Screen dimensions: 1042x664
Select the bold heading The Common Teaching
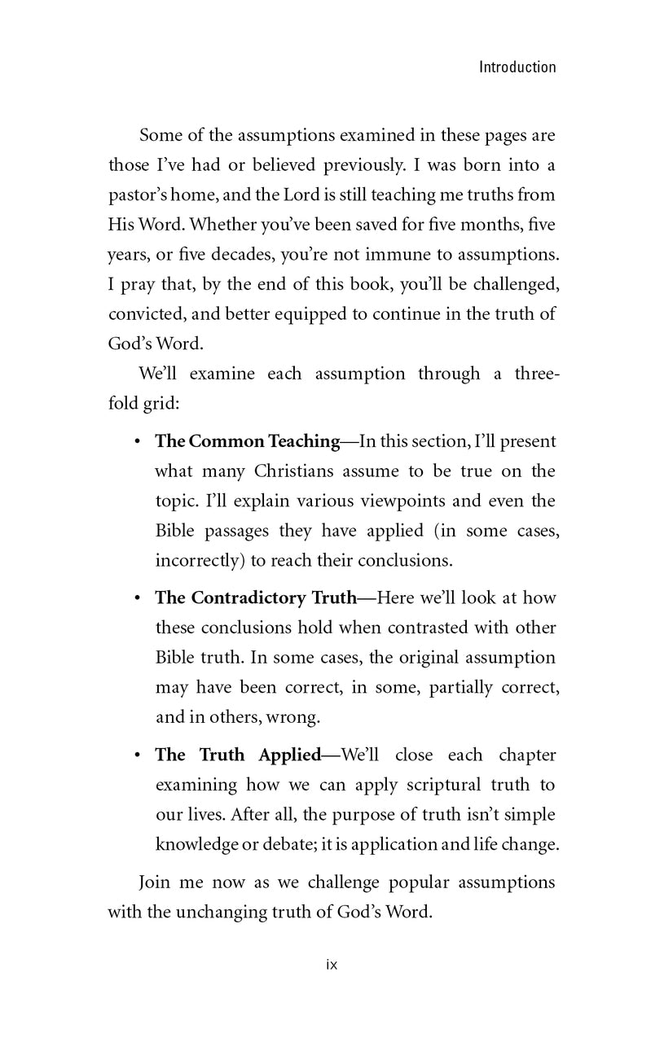click(247, 441)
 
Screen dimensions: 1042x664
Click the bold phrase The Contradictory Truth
click(256, 598)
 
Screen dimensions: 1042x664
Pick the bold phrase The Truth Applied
click(238, 755)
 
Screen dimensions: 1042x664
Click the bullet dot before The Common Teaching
click(137, 441)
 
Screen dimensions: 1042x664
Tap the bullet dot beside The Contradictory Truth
click(137, 598)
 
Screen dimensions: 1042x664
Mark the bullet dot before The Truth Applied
click(137, 755)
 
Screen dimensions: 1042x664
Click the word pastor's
click(140, 195)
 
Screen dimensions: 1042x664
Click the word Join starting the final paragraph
click(155, 882)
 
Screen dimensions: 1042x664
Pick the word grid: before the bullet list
click(160, 405)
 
